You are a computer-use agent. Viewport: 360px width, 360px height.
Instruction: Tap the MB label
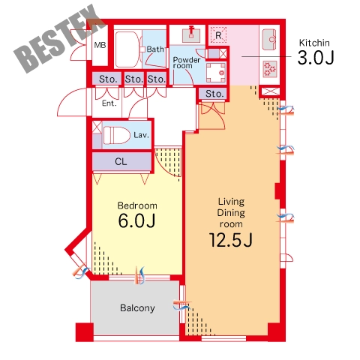click(100, 45)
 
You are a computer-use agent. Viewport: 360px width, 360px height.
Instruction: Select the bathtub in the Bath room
click(127, 49)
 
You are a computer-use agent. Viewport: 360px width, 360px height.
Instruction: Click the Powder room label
click(187, 63)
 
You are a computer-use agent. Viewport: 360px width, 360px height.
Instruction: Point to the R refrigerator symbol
click(218, 35)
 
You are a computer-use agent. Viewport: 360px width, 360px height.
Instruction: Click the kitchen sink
click(269, 40)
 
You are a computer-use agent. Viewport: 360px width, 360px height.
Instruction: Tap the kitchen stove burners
click(270, 69)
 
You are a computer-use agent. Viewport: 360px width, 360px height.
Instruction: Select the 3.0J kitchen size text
click(316, 58)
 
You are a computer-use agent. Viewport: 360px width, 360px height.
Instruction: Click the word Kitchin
click(314, 43)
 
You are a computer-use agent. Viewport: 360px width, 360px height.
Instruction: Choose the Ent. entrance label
click(109, 103)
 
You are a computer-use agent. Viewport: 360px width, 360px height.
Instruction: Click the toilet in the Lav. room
click(117, 135)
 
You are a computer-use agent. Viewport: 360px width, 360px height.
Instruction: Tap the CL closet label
click(121, 161)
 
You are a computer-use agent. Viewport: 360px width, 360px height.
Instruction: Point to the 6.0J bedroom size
click(136, 220)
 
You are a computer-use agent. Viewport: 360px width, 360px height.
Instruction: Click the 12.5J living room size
click(231, 240)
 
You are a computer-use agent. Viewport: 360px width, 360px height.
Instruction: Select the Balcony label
click(137, 308)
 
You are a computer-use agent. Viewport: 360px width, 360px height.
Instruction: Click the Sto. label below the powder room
click(214, 94)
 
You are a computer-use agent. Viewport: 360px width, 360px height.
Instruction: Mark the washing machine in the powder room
click(216, 73)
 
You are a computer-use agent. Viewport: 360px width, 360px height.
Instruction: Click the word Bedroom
click(137, 205)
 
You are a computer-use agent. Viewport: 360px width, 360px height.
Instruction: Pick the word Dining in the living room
click(231, 213)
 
